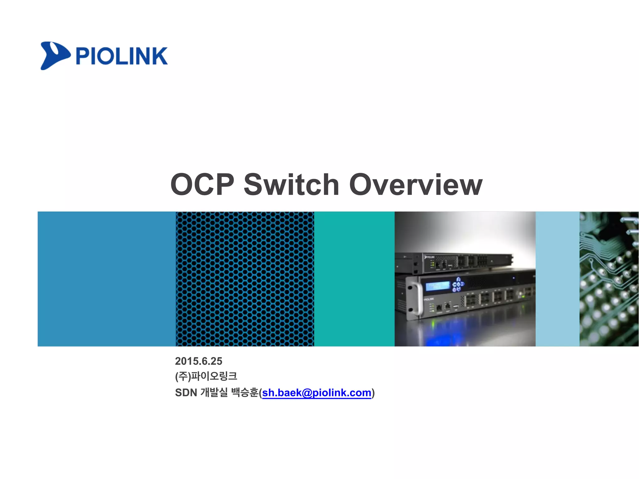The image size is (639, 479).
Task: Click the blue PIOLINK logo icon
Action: [x=54, y=56]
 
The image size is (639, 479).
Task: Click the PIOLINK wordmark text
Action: [x=121, y=56]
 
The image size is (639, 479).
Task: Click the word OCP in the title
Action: [x=202, y=185]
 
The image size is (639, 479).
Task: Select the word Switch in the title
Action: [x=291, y=185]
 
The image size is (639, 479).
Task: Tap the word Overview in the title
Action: [x=416, y=185]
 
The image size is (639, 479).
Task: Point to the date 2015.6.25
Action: [x=198, y=361]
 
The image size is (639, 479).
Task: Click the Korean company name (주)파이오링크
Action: [x=206, y=376]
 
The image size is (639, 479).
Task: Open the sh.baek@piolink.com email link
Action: [x=316, y=393]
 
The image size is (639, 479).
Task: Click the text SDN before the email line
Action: [x=186, y=393]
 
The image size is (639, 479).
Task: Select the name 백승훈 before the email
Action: [x=245, y=393]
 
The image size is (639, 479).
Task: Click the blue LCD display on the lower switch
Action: [x=437, y=286]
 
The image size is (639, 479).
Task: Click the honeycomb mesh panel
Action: [x=245, y=279]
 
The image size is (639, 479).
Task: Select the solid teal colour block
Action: [x=354, y=279]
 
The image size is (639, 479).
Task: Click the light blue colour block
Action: [x=557, y=279]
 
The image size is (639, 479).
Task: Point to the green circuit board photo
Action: [x=609, y=279]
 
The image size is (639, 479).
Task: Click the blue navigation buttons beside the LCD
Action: [x=458, y=284]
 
